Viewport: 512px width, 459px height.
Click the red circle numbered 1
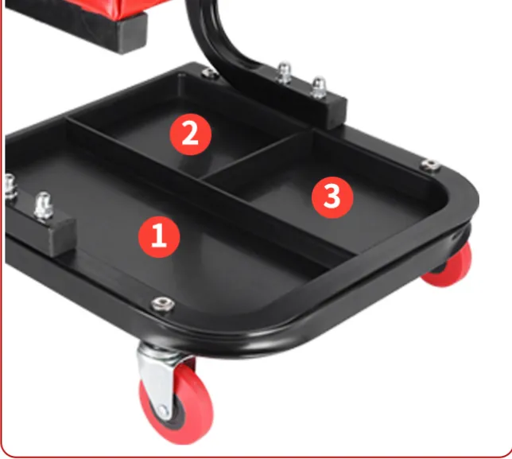coord(159,237)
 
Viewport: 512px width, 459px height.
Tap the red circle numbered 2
coord(190,134)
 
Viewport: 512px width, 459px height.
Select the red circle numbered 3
coord(332,197)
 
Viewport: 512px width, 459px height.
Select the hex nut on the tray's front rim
coord(163,304)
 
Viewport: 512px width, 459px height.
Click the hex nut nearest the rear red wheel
coord(431,165)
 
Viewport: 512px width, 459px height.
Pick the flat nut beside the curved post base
coord(210,73)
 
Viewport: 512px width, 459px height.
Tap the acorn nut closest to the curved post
coord(284,72)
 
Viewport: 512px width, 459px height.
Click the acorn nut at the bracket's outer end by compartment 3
coord(318,88)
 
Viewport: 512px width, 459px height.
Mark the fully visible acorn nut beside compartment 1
coord(44,206)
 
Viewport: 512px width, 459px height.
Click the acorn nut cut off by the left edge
coord(10,186)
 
